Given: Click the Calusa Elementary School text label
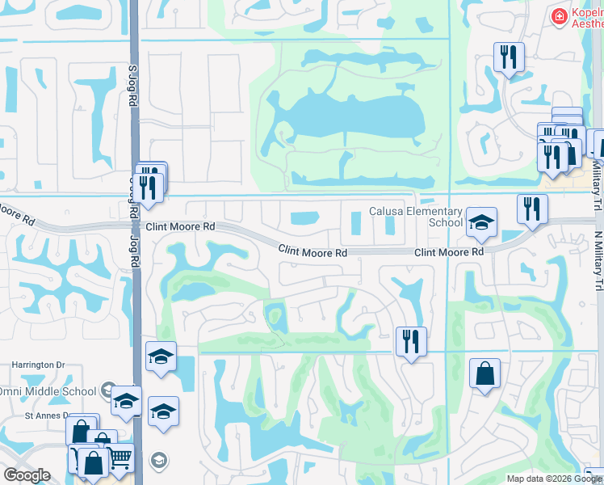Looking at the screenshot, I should click(416, 217).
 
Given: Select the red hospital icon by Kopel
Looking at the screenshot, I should click(558, 16).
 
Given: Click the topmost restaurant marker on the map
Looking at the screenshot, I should click(509, 57).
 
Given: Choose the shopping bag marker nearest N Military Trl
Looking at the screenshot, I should click(484, 373).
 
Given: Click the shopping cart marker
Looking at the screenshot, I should click(120, 458).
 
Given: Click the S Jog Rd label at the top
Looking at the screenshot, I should click(132, 87).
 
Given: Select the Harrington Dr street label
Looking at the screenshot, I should click(37, 365).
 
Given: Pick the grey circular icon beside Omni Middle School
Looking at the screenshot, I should click(107, 391).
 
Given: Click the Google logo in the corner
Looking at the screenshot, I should click(27, 476).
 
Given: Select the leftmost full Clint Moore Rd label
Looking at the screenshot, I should click(180, 227).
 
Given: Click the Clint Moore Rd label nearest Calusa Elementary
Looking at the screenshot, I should click(449, 252).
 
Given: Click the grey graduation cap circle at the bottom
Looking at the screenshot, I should click(159, 462).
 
